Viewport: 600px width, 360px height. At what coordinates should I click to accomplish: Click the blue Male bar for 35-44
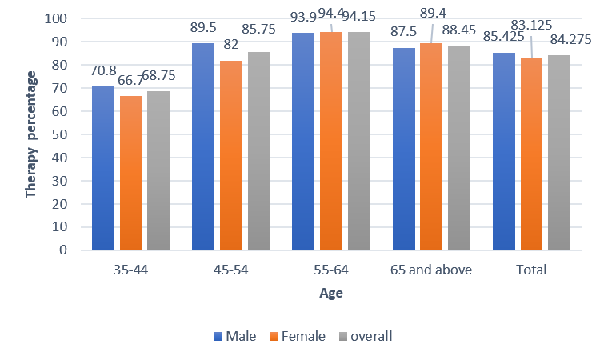pos(104,168)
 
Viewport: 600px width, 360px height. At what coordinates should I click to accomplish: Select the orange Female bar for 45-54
pos(230,155)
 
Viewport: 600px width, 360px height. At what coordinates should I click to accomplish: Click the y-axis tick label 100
pos(67,18)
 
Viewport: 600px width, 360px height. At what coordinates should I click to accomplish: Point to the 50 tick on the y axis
pos(70,134)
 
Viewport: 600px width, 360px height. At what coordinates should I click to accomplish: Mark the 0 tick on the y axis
pos(74,250)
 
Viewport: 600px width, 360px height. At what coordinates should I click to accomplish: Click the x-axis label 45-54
pos(231,270)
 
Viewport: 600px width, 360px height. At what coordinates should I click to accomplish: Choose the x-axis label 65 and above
pos(430,270)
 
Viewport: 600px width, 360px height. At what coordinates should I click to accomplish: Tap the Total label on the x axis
pos(531,270)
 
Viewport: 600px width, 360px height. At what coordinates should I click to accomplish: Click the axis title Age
pos(331,294)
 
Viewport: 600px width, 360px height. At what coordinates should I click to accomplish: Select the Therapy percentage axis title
pos(32,134)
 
